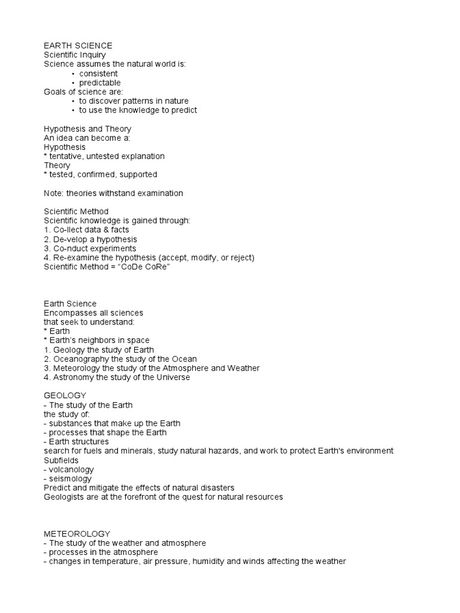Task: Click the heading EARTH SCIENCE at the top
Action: click(78, 45)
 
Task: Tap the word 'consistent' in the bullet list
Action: click(98, 73)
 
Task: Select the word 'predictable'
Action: click(100, 83)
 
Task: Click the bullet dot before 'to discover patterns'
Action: click(73, 101)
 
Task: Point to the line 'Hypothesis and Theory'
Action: click(87, 129)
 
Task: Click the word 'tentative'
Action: click(67, 156)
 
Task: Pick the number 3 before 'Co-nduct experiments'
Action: click(47, 248)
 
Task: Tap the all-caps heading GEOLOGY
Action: click(65, 396)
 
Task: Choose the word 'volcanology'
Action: click(71, 469)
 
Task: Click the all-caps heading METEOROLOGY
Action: click(77, 533)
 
